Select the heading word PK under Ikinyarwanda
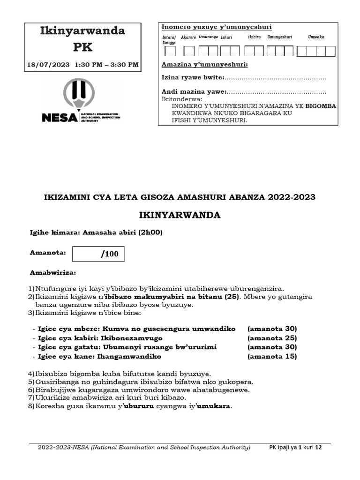click(82, 47)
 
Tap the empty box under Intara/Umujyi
click(170, 51)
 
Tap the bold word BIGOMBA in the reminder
click(321, 106)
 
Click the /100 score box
click(99, 255)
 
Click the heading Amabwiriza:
click(53, 272)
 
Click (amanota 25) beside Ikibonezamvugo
click(272, 338)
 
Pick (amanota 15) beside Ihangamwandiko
click(272, 357)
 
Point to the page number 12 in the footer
click(319, 448)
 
